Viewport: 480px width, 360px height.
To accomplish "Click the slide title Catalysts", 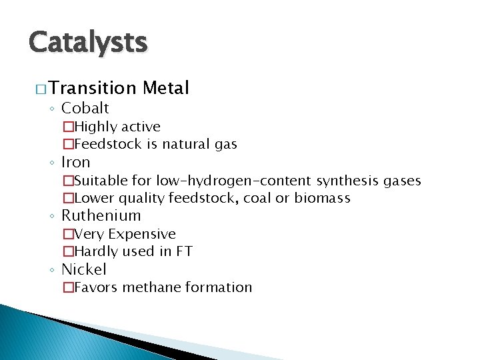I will (87, 43).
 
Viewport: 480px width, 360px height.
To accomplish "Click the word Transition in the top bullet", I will (92, 88).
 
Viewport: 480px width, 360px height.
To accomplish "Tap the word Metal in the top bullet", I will (166, 88).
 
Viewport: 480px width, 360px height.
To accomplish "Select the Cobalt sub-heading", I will (85, 109).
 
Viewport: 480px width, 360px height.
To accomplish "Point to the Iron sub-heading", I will (75, 162).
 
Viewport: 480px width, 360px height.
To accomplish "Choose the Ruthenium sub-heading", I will (101, 215).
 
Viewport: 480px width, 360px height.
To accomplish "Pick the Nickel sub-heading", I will (83, 269).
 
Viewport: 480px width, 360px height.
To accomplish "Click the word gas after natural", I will (225, 144).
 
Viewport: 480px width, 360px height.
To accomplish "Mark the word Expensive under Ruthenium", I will (142, 234).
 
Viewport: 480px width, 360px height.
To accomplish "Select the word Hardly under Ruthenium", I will (96, 251).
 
